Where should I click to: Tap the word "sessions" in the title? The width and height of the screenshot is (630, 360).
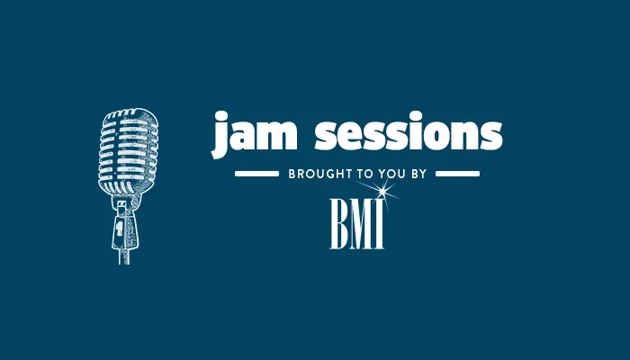pyautogui.click(x=408, y=136)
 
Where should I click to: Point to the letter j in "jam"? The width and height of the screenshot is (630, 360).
pyautogui.click(x=220, y=137)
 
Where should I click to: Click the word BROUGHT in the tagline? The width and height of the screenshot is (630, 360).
pyautogui.click(x=317, y=173)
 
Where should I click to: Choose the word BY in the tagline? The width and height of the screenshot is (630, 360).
pyautogui.click(x=417, y=173)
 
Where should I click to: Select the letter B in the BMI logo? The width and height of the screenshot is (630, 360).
pyautogui.click(x=340, y=227)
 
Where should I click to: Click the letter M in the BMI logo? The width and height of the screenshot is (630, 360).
pyautogui.click(x=362, y=227)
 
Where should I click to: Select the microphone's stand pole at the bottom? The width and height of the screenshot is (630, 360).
pyautogui.click(x=125, y=250)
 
